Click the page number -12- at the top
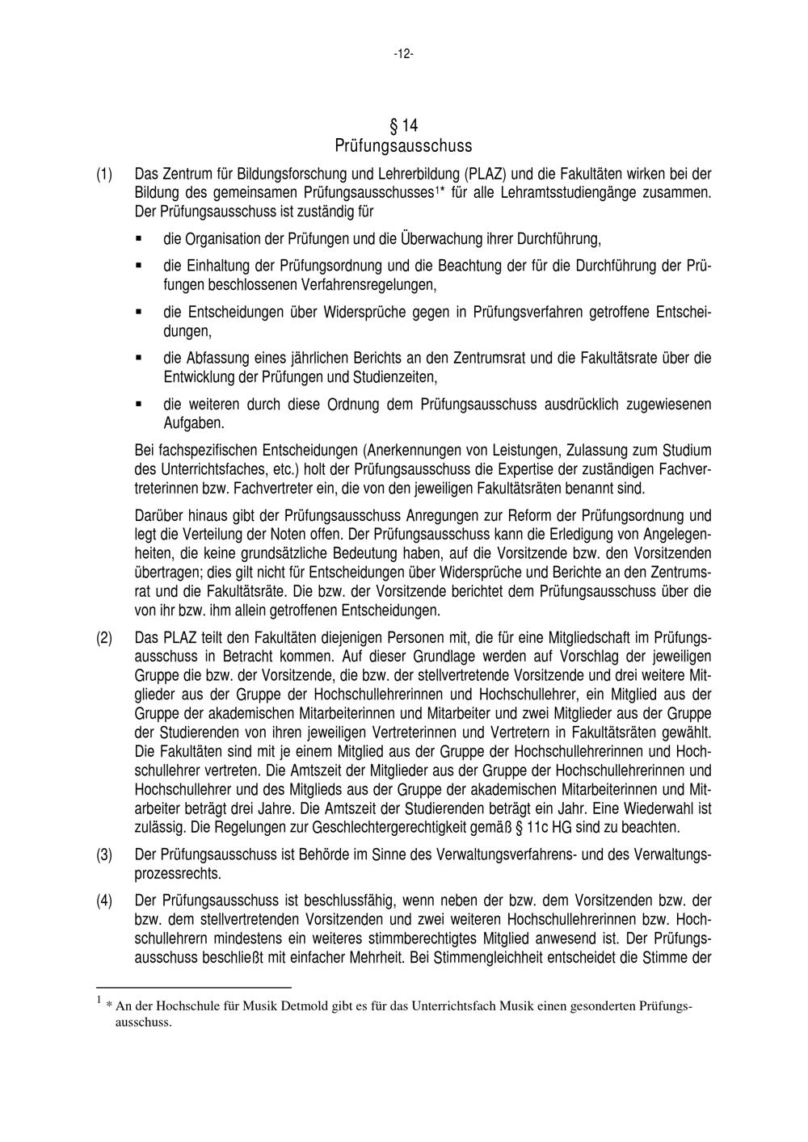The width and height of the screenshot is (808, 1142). (403, 54)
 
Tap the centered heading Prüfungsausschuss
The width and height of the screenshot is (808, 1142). (403, 146)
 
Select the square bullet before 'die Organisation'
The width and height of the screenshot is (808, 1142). (139, 239)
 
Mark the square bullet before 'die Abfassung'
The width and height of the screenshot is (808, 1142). (139, 357)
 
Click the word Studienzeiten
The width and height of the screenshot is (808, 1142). (397, 377)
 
